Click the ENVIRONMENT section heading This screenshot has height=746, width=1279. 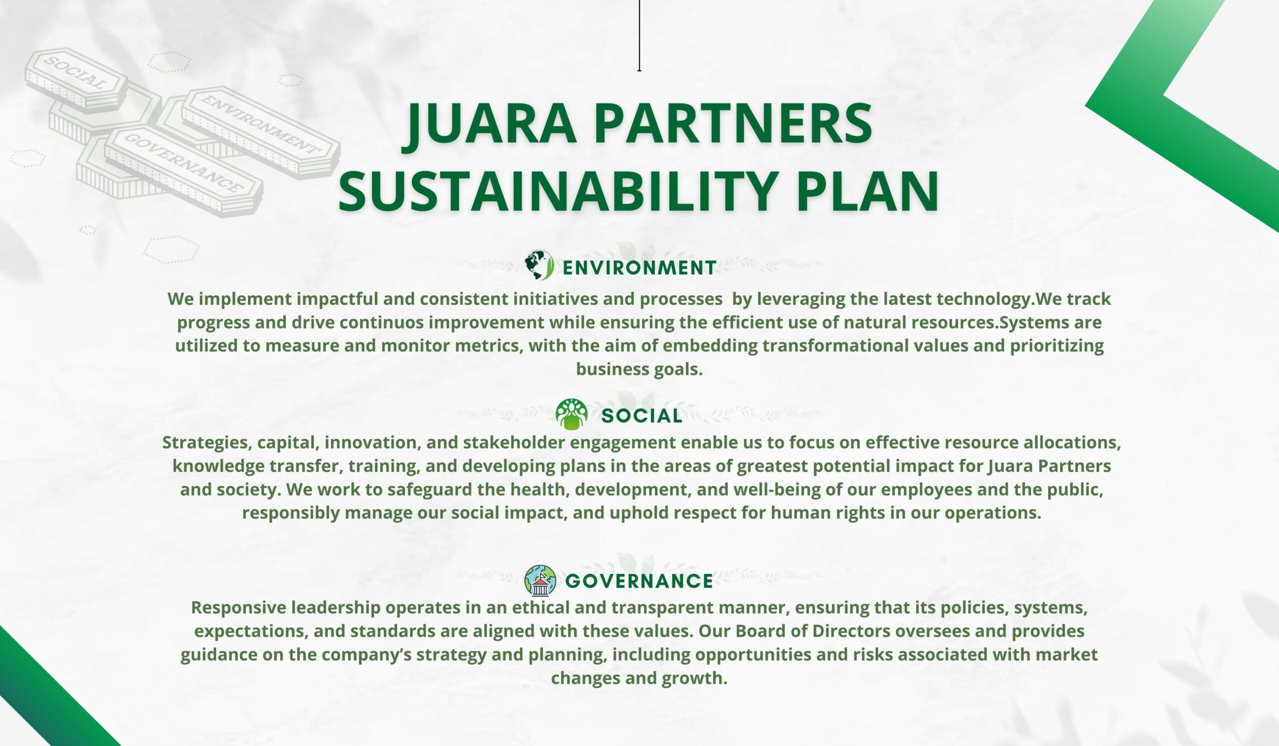(x=639, y=267)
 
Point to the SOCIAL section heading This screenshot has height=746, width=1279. (x=642, y=416)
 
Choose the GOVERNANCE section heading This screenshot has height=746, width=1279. (x=639, y=581)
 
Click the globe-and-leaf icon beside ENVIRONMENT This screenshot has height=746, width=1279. (x=539, y=265)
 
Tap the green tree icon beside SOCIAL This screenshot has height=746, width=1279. (x=572, y=414)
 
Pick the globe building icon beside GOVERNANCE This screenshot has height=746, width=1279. (x=540, y=580)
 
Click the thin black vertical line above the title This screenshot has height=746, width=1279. (x=639, y=35)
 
